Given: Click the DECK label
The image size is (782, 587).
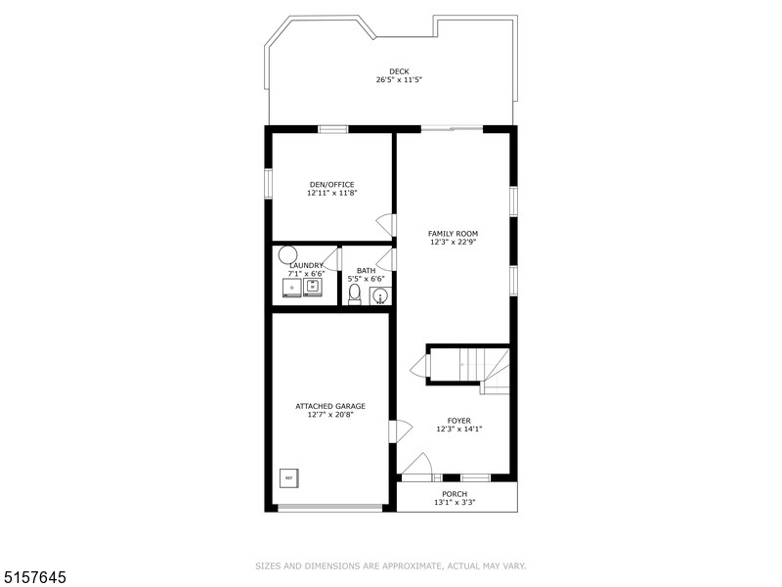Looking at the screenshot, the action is click(399, 71).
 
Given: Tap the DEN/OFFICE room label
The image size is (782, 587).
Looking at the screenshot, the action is click(331, 184).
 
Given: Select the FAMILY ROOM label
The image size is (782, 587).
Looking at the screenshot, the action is click(453, 233).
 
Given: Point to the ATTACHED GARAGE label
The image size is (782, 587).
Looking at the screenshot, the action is click(330, 406).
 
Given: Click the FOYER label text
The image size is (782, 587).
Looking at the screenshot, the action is click(458, 421).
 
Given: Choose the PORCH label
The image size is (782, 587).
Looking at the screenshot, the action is click(455, 494).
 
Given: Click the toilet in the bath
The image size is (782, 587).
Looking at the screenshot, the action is click(354, 294).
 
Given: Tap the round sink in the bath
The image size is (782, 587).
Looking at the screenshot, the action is click(380, 296).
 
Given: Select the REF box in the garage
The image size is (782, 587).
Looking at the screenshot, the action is click(288, 477).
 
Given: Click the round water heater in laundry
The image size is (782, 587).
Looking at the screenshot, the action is click(287, 255).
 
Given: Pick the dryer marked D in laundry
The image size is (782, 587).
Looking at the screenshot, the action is click(292, 288).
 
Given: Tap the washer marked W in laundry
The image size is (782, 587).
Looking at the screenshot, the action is click(313, 287).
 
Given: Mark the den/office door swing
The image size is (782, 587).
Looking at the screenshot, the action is click(385, 225).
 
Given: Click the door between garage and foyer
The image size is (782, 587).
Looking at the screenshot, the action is click(401, 430).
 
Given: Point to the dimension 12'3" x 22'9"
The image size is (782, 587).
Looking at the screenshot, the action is click(453, 242).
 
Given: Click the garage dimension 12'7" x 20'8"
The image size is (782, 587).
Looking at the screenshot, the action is click(330, 414).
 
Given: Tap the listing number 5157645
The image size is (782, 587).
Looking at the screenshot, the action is click(33, 577).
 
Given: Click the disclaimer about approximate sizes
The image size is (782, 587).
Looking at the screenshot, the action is click(390, 566).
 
